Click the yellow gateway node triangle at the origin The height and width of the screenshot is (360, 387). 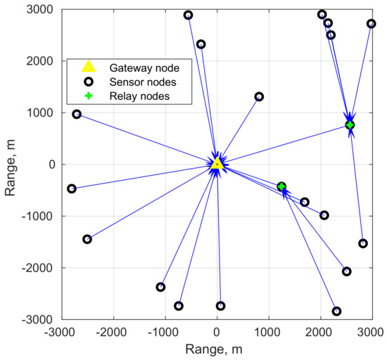tap(217, 163)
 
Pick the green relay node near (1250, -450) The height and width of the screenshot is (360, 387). tap(281, 186)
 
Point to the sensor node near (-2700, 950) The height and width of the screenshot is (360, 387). tap(77, 114)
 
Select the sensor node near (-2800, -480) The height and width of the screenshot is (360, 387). tap(72, 188)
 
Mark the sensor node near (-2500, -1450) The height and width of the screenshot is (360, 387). tap(87, 239)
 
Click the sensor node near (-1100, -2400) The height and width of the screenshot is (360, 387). tap(160, 287)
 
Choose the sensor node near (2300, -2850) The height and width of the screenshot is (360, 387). tap(336, 311)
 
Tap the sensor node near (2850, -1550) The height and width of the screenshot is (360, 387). tap(363, 243)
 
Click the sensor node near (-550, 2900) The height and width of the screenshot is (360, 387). tap(188, 15)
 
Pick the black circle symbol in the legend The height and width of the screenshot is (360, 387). tap(89, 82)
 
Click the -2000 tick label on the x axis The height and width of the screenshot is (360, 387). tap(113, 328)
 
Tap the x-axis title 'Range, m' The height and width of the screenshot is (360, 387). tap(217, 349)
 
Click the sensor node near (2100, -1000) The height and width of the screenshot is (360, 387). tap(324, 215)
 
